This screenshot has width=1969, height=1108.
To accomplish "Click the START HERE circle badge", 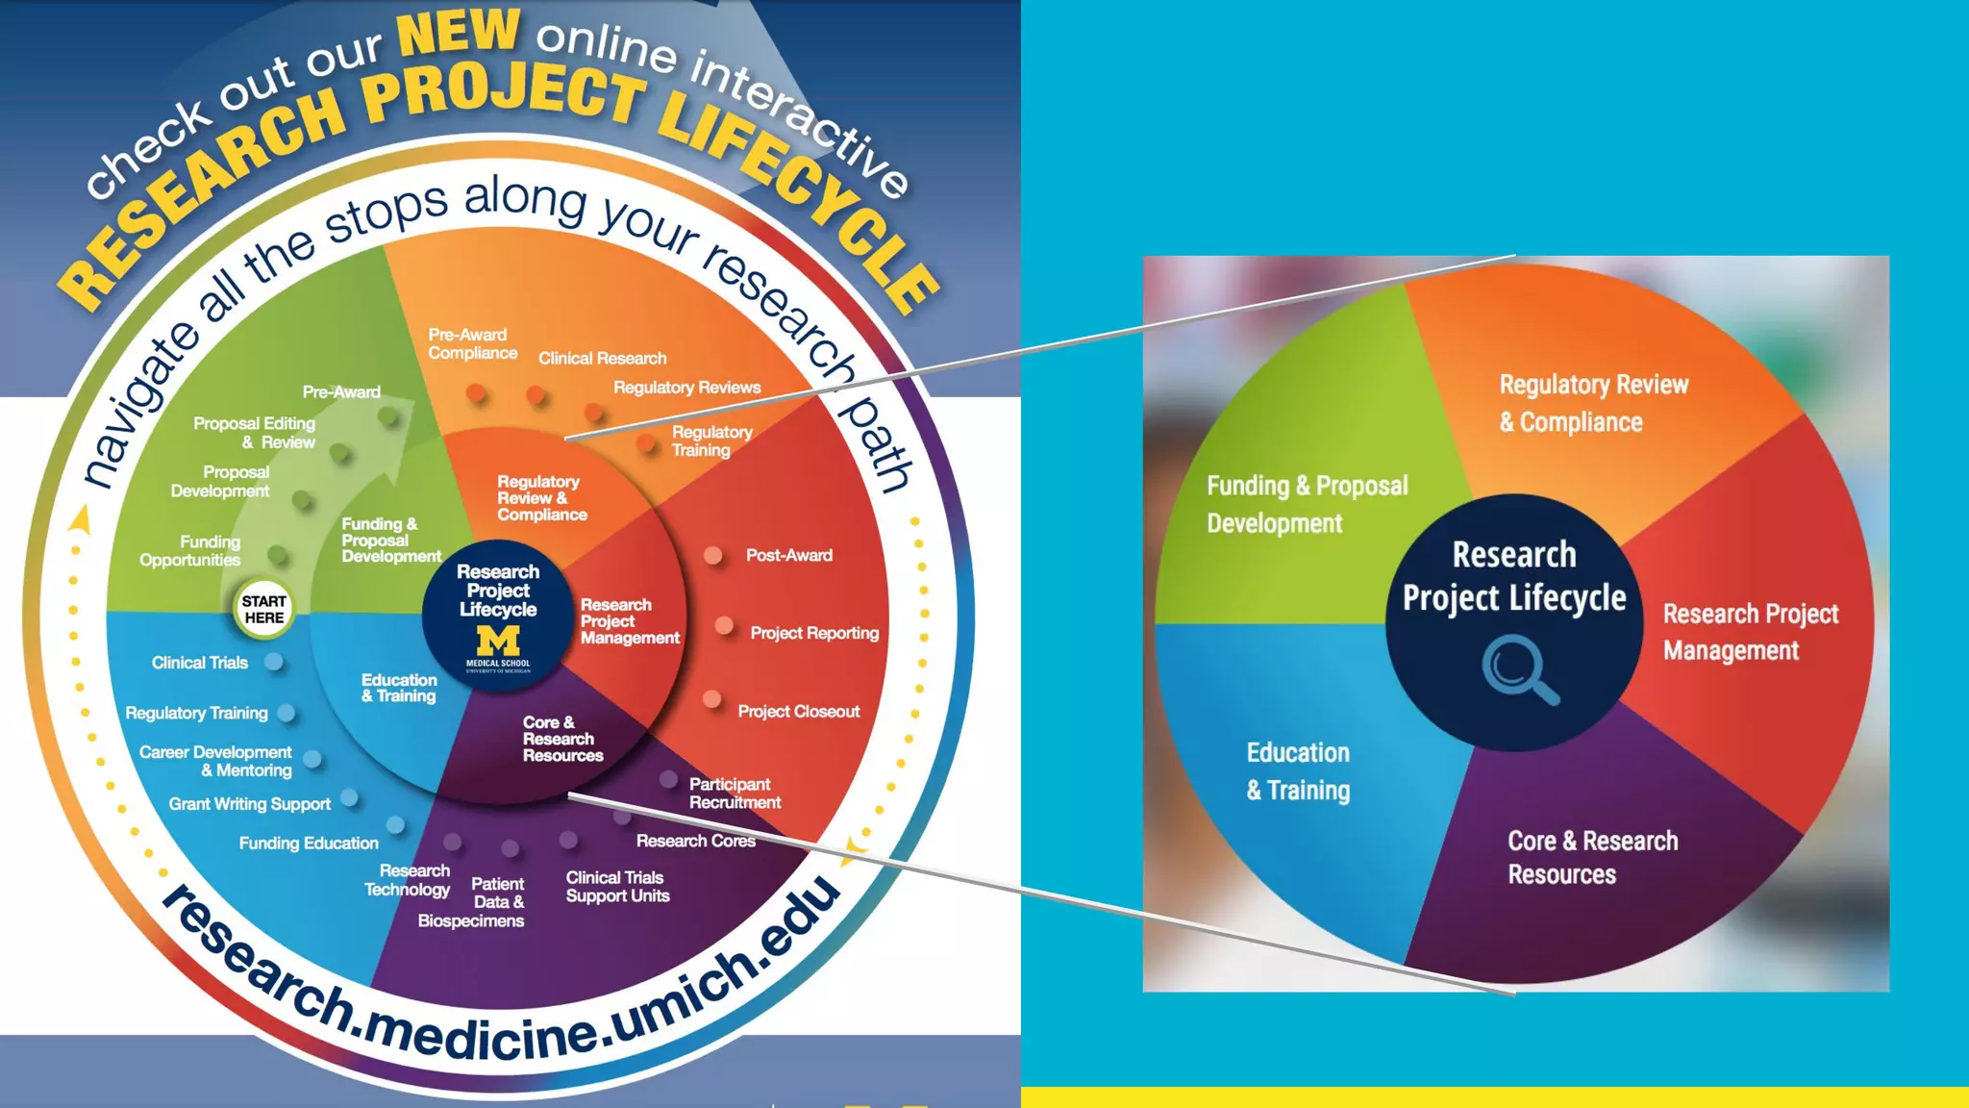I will coord(263,609).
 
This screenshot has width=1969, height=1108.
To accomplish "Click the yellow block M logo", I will coord(498,640).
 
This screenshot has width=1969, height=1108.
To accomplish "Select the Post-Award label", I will coord(788,555).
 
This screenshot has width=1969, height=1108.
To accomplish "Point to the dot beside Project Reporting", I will coord(724,626).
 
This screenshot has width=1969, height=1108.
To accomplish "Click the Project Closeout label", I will coord(798,712).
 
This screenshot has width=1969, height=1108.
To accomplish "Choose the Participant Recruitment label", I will coord(735,793).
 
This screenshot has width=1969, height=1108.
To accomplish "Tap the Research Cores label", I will coord(695,841).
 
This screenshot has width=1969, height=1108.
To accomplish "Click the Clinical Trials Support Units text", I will coord(617,886).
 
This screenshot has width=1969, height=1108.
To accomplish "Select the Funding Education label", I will coord(309,844).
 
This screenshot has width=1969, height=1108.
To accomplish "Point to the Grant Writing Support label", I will coord(249,804).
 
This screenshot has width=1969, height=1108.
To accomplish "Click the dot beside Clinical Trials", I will coord(274,662).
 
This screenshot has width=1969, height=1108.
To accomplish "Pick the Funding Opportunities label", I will coord(190,551).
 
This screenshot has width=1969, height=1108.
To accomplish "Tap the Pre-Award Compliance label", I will coord(472,343).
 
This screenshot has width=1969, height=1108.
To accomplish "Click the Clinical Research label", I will coord(602,358).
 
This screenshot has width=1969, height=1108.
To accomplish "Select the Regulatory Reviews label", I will coord(686,388).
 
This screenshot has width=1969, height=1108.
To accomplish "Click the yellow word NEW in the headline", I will coord(459,32).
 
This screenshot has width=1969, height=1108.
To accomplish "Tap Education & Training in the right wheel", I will coord(1298,770).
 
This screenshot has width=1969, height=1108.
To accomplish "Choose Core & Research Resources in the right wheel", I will coord(1591,857).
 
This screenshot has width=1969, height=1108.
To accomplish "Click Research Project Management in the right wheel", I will coord(1750,632).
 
